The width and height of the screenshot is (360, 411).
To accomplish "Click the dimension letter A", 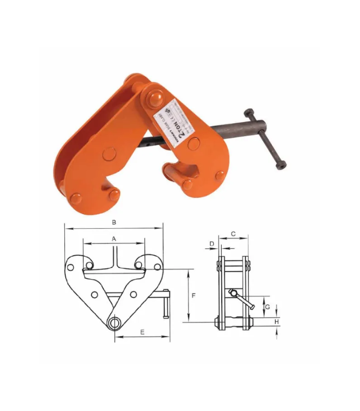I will coord(114,238).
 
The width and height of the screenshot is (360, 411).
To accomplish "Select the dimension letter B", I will coord(114,222).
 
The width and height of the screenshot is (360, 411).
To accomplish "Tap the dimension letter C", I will coord(233,234).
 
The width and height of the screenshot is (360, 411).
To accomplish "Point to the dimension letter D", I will coord(211,244).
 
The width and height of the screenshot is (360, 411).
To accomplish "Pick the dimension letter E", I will coord(142,332).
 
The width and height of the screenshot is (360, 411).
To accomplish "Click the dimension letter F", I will coord(194,296).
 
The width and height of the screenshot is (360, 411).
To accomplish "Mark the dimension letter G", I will coord(267,307).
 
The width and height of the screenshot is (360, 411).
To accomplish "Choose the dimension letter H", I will coord(277,322).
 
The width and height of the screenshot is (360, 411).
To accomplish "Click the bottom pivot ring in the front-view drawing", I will coord(114,323).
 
